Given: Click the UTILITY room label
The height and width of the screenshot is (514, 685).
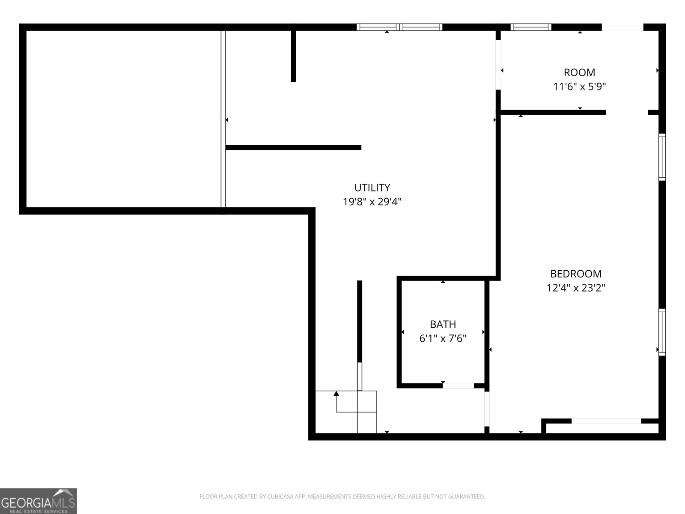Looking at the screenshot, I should pyautogui.click(x=372, y=188).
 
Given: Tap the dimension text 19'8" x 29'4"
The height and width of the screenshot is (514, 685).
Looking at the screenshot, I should pyautogui.click(x=372, y=202).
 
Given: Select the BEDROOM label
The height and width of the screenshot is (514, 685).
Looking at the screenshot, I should pyautogui.click(x=575, y=274).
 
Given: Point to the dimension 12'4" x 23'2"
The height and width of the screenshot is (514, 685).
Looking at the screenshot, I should pyautogui.click(x=575, y=288).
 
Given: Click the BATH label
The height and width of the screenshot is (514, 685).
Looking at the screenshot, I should pyautogui.click(x=443, y=324).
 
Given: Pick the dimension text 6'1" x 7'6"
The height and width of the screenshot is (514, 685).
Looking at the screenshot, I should pyautogui.click(x=443, y=339).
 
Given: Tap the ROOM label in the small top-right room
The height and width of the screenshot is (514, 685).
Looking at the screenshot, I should pyautogui.click(x=579, y=72).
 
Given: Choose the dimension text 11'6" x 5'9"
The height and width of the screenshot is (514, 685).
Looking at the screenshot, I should pyautogui.click(x=579, y=87).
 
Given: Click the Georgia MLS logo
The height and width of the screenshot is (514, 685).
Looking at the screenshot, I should pyautogui.click(x=38, y=501).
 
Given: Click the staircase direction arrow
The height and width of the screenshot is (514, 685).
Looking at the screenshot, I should pyautogui.click(x=337, y=394).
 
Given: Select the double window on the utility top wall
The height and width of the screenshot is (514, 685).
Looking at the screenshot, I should pyautogui.click(x=399, y=27).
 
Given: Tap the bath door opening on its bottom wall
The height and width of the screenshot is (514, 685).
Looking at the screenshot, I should pyautogui.click(x=458, y=385).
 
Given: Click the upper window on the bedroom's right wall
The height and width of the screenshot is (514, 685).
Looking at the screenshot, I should pyautogui.click(x=662, y=157).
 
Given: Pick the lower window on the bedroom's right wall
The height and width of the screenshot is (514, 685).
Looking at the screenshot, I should pyautogui.click(x=662, y=332).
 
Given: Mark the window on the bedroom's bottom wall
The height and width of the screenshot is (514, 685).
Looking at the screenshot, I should pyautogui.click(x=606, y=421).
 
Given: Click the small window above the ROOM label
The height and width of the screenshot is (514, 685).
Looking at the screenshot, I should pyautogui.click(x=531, y=27).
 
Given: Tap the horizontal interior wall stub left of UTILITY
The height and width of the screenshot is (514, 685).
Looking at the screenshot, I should pyautogui.click(x=293, y=147).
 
